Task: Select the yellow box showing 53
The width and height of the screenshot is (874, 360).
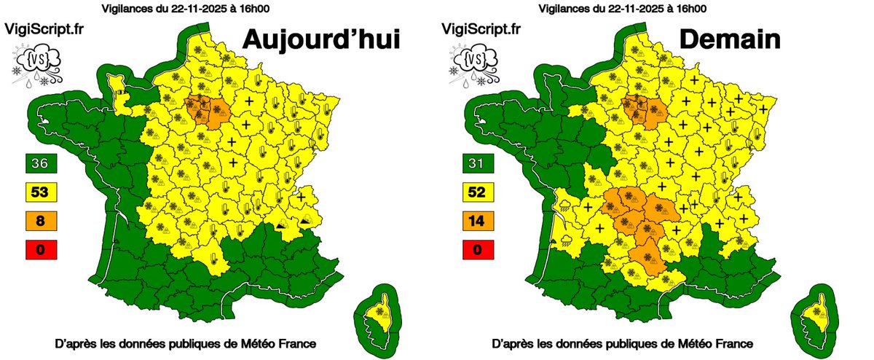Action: pos(40,192)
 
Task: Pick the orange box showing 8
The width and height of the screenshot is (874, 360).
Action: pos(40,220)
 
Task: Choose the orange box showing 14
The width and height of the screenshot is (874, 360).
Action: pos(479,220)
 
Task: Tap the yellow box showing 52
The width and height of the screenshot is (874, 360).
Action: pos(479,192)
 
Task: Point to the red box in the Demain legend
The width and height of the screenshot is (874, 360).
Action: pos(479,250)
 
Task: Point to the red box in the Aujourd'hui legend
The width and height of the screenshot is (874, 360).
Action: pos(40,250)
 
